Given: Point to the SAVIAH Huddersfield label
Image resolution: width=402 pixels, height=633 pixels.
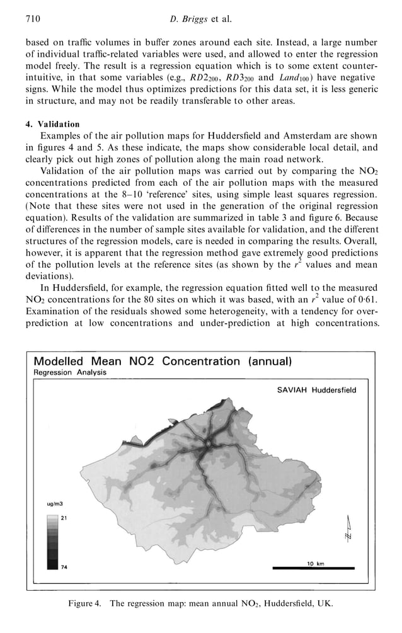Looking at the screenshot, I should pos(316,390).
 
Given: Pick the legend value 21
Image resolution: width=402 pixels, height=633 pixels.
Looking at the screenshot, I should pos(63,517).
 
